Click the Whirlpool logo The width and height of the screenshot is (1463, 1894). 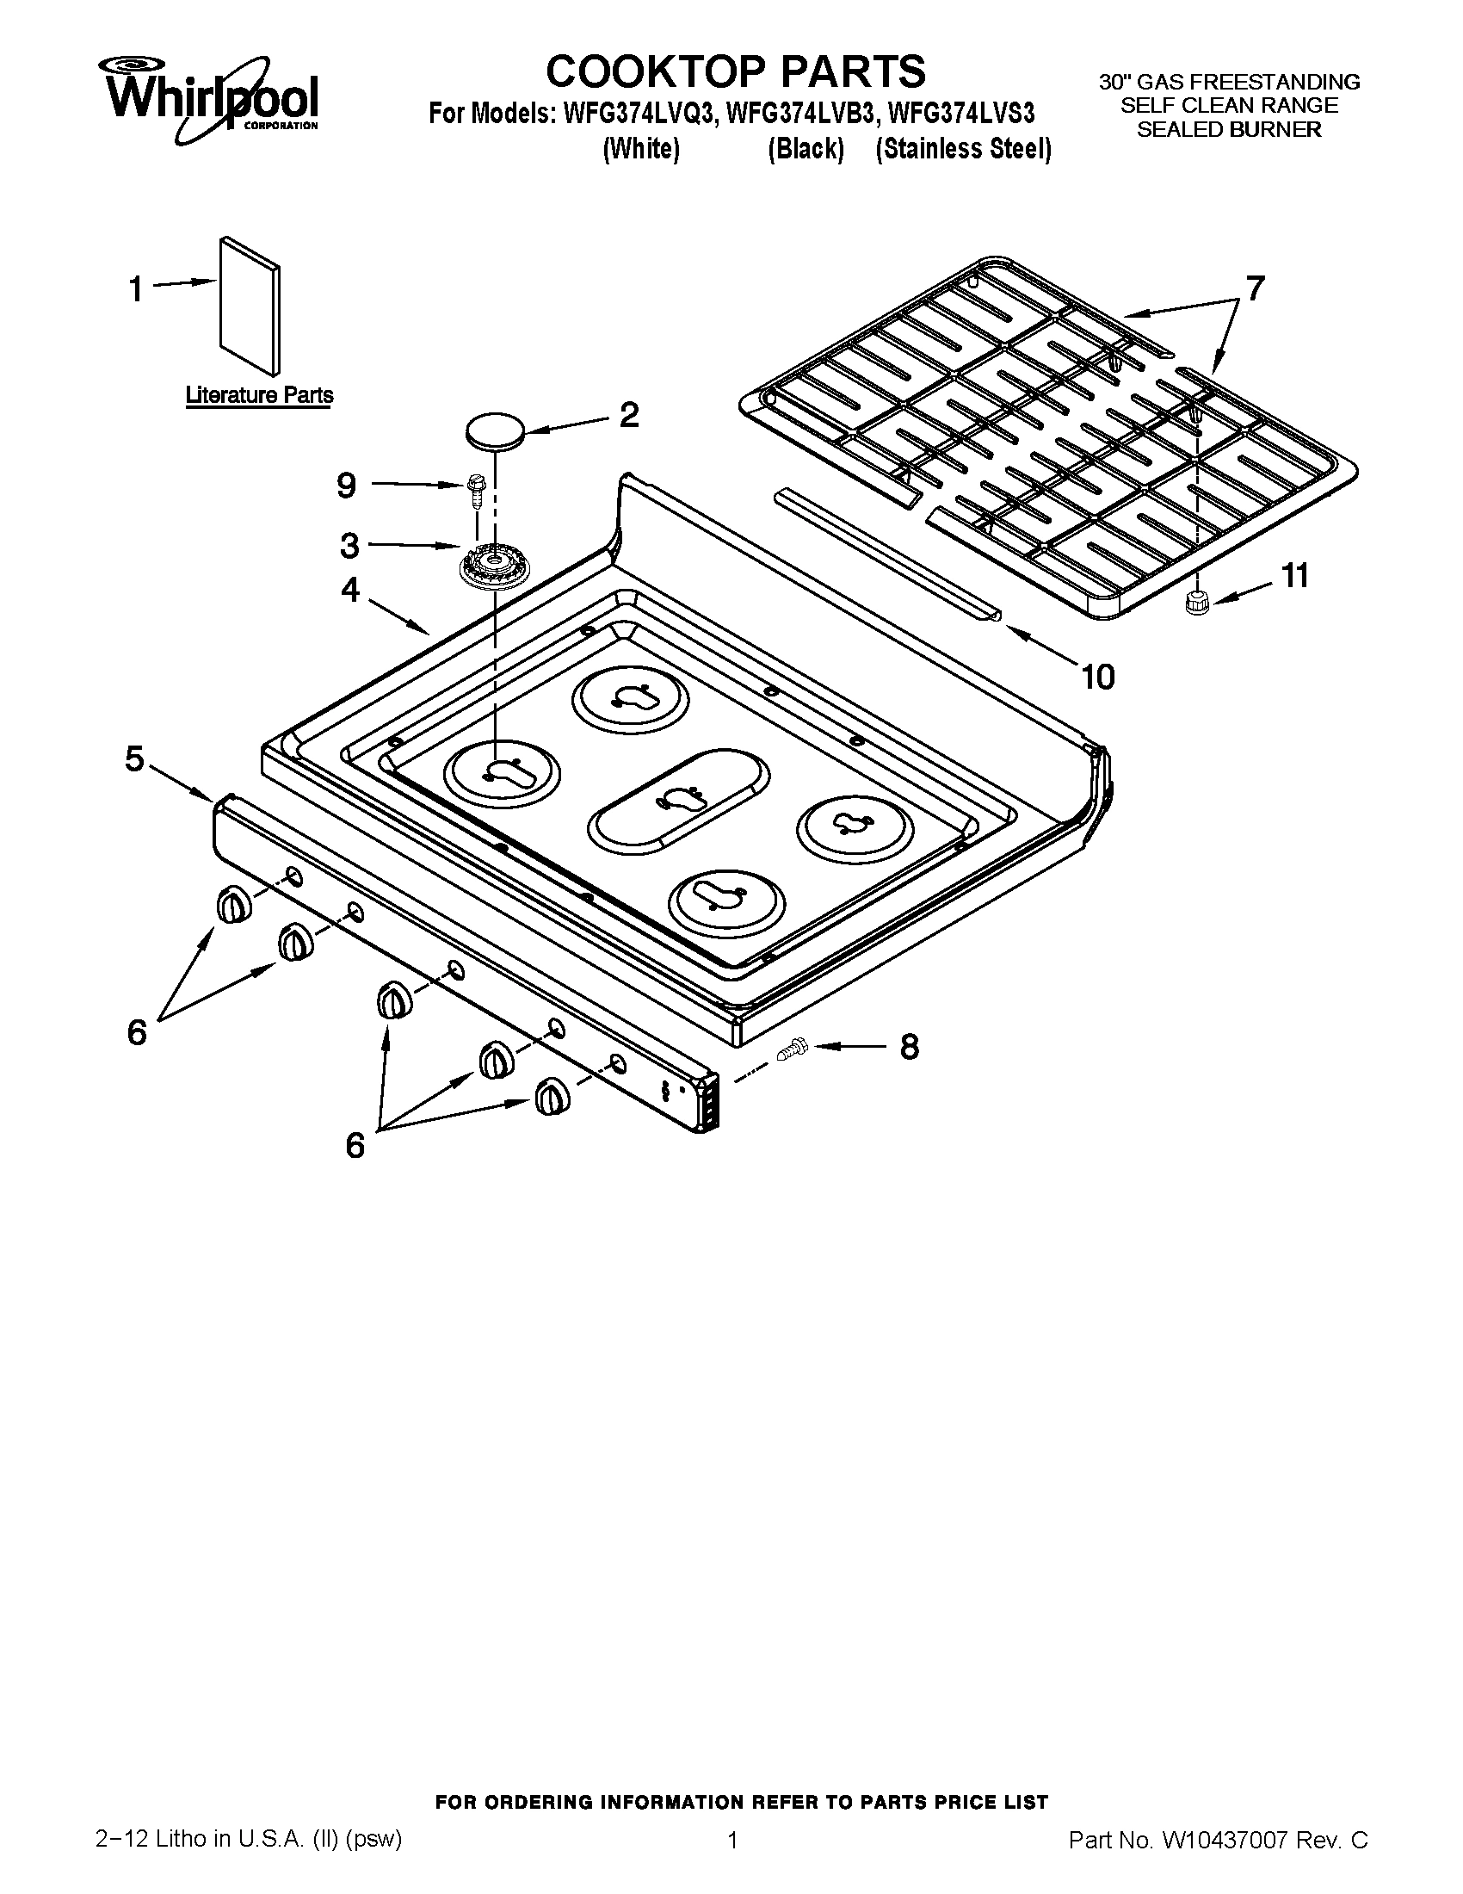[x=213, y=98]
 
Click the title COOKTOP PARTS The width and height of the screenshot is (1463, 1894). [x=735, y=71]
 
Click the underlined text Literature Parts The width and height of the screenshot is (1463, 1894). [x=259, y=395]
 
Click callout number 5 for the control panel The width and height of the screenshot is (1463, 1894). [x=135, y=758]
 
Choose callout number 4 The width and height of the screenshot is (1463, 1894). [x=350, y=590]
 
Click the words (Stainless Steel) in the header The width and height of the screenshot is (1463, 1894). [x=964, y=149]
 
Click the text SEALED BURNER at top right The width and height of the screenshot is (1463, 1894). [x=1229, y=129]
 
